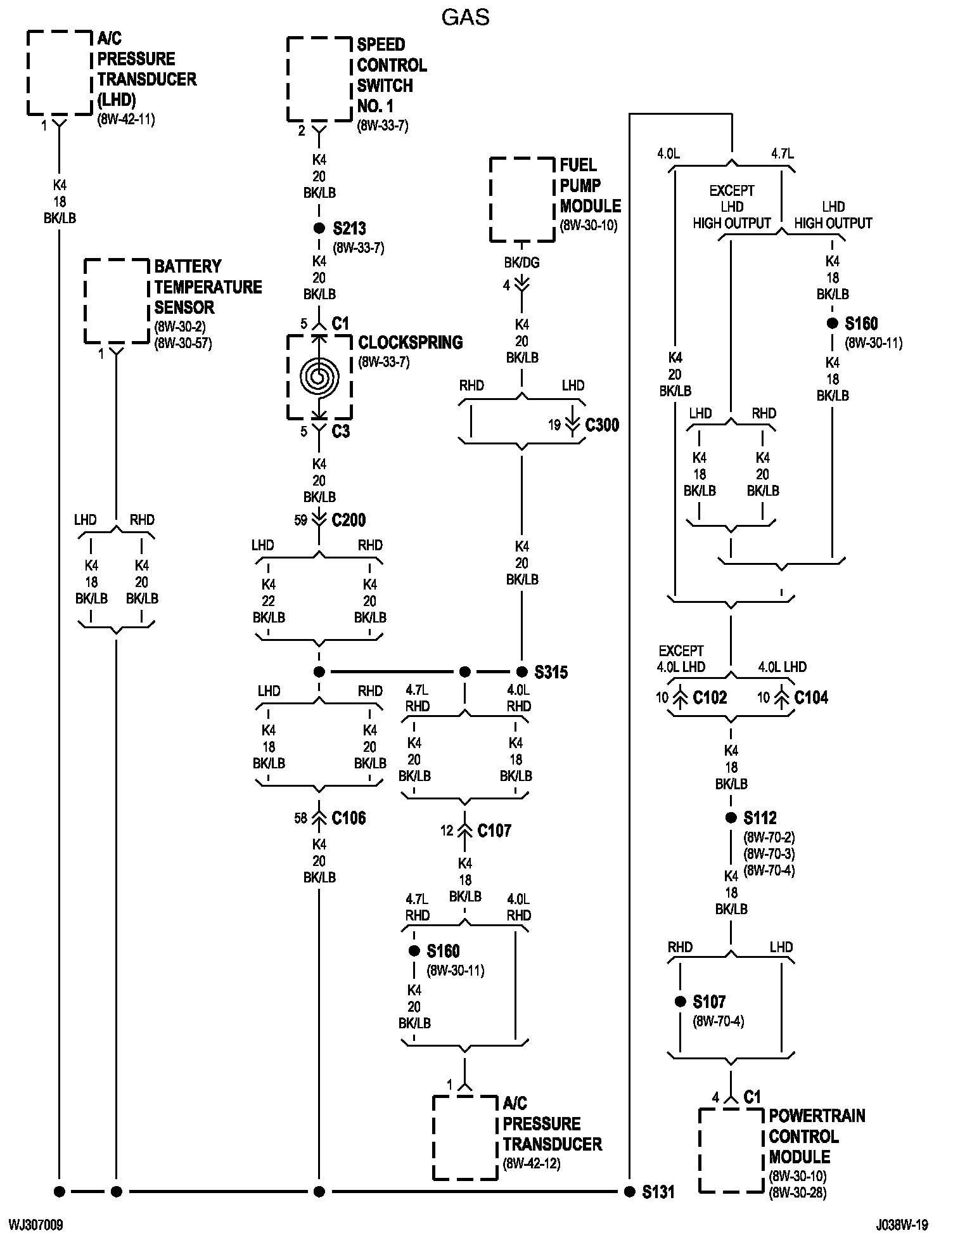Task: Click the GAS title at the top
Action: [x=466, y=17]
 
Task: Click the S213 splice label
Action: [x=349, y=228]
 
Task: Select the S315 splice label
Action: [x=551, y=672]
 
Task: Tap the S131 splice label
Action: [x=658, y=1192]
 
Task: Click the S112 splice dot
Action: [x=731, y=818]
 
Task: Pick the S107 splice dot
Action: [x=681, y=1002]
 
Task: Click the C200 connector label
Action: [x=349, y=520]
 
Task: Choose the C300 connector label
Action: [x=602, y=425]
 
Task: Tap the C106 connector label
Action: [x=349, y=818]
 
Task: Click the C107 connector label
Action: [x=494, y=830]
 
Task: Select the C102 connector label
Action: [x=710, y=697]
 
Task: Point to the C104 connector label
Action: [x=811, y=697]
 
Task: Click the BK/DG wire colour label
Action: [x=522, y=262]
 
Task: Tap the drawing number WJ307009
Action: [x=35, y=1224]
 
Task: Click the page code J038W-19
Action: [x=903, y=1224]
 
